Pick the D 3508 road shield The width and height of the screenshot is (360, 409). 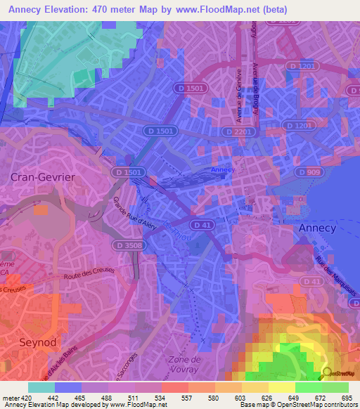coord(127,245)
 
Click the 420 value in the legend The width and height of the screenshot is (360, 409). coord(27,398)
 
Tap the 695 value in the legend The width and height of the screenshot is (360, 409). coord(347,398)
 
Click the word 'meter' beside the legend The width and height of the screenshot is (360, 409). coord(10,398)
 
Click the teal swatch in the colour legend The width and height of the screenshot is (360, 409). coord(41,387)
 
